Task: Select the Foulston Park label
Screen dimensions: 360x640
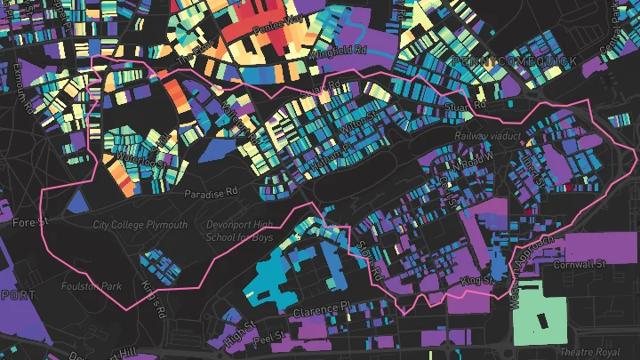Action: click(x=91, y=286)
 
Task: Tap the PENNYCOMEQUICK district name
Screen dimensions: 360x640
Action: click(x=514, y=60)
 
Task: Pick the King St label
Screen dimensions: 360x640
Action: click(x=476, y=281)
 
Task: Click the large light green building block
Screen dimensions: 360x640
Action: click(x=540, y=313)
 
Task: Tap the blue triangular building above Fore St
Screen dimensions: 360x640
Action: click(x=79, y=202)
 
